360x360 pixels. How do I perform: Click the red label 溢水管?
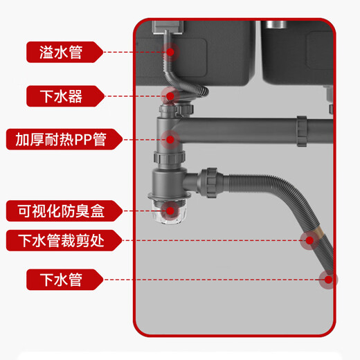click(64, 51)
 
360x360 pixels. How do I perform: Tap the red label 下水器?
click(64, 96)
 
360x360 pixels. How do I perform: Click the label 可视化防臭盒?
click(64, 210)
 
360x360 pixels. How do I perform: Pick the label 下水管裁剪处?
click(64, 241)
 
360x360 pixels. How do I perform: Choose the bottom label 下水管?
click(64, 280)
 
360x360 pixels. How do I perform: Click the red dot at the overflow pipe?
click(170, 51)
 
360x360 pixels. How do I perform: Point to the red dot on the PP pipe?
click(171, 138)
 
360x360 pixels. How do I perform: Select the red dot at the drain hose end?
click(327, 280)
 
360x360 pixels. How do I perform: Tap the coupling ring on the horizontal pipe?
click(302, 131)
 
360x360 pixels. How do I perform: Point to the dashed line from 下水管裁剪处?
click(208, 241)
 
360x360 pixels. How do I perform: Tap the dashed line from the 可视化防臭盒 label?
click(138, 210)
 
